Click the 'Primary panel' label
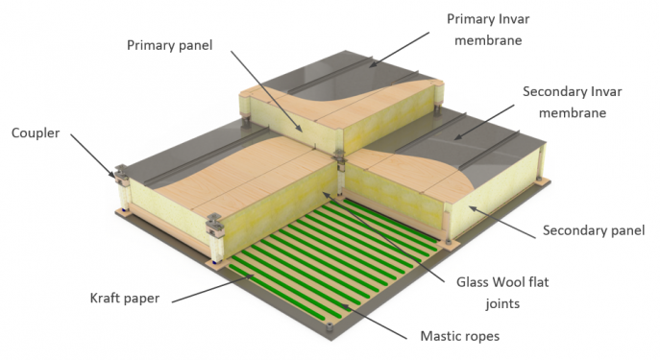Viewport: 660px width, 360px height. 170,45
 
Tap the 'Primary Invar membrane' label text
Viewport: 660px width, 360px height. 488,30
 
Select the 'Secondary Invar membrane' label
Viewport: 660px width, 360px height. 572,102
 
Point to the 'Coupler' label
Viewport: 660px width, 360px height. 36,132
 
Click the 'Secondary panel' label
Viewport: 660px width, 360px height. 594,230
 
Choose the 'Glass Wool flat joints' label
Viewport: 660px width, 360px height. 502,292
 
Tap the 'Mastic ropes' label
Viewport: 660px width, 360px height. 460,336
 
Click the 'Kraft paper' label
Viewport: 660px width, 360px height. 125,299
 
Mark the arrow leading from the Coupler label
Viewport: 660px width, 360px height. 92,156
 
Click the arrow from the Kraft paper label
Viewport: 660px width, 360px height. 213,289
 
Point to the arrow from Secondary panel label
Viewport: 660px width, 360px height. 502,222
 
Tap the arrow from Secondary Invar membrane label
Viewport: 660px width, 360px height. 484,122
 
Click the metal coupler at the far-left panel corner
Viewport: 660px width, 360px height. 121,175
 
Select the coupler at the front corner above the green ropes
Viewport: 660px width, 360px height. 215,225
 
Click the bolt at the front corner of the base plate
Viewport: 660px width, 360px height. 330,326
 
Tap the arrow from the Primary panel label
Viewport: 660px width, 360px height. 266,90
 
